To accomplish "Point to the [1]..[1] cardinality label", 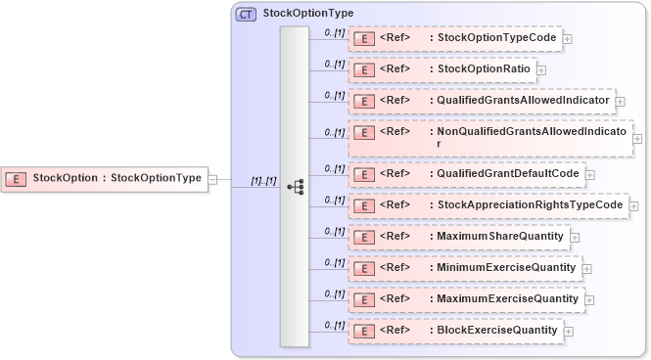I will (263, 181).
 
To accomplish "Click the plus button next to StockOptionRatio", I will (541, 70).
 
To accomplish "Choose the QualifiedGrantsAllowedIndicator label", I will (524, 101).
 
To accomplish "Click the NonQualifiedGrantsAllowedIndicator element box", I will (489, 138).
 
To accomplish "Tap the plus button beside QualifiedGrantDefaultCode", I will (589, 175).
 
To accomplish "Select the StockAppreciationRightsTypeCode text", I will (530, 205).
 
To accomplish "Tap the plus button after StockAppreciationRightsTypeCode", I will (634, 206).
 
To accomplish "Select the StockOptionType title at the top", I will (308, 15).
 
